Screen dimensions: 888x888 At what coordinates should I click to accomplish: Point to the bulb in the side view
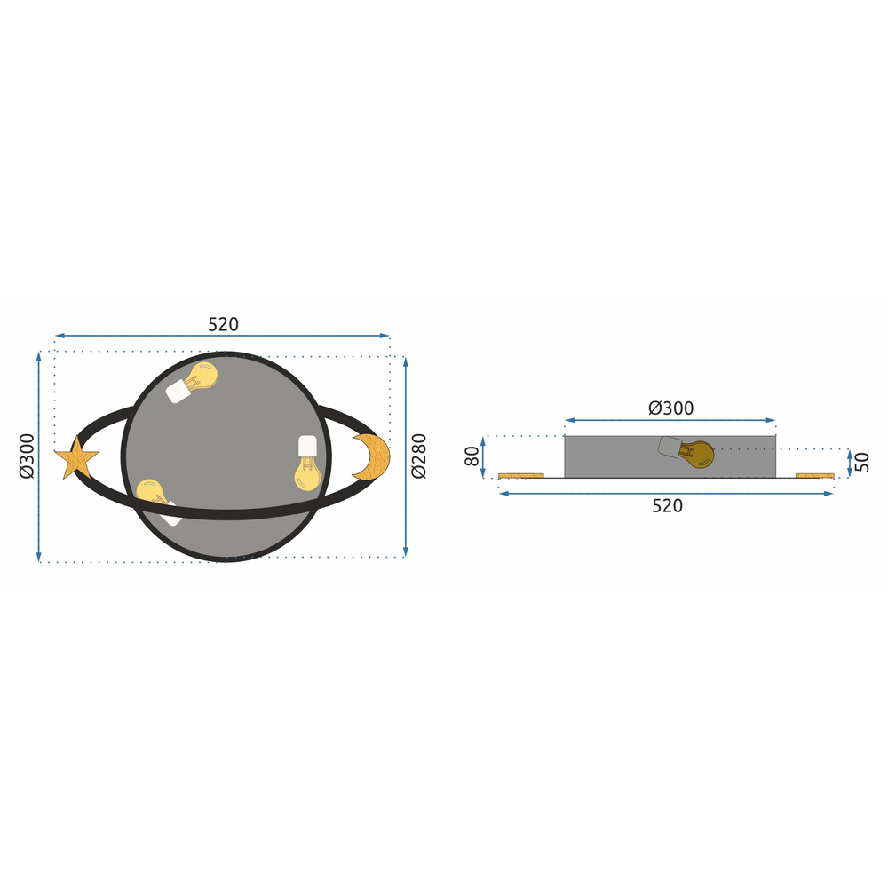(694, 455)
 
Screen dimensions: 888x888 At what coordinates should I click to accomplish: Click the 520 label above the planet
(224, 325)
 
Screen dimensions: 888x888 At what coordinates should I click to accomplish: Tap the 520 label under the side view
(667, 506)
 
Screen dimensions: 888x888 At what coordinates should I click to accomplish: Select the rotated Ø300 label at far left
(26, 456)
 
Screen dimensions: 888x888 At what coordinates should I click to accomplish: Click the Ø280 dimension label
(419, 456)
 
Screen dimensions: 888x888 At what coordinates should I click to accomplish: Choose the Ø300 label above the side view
(671, 408)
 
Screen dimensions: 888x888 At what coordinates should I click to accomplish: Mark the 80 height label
(472, 457)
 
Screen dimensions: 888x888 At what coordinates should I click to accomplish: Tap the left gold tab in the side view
(521, 475)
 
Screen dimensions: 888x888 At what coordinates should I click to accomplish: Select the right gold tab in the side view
(814, 475)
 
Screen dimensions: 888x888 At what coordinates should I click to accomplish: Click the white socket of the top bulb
(178, 390)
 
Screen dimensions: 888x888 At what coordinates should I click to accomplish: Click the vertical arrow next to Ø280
(406, 456)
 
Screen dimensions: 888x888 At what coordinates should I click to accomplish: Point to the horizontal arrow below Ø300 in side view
(670, 421)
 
